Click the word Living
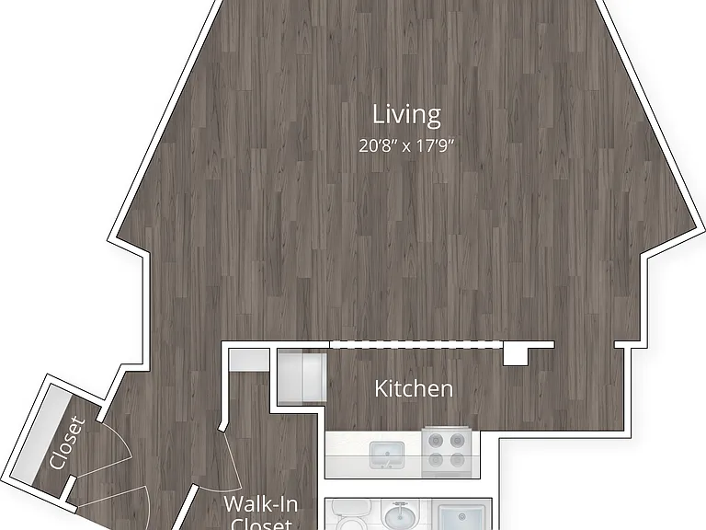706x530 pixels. click(x=406, y=114)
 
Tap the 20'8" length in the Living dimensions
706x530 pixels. click(x=377, y=146)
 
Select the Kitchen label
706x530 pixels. click(x=414, y=389)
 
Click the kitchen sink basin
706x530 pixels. click(x=387, y=454)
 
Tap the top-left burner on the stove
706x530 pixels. click(x=436, y=440)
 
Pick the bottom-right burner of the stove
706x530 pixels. click(x=457, y=460)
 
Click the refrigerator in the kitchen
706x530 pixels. click(x=302, y=377)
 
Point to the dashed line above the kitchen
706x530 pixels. click(x=416, y=345)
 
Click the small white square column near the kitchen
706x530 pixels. click(x=516, y=355)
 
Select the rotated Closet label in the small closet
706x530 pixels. click(x=67, y=444)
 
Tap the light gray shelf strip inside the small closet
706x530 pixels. click(x=40, y=432)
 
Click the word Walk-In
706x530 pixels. click(x=261, y=504)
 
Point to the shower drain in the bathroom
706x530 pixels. click(x=461, y=516)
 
